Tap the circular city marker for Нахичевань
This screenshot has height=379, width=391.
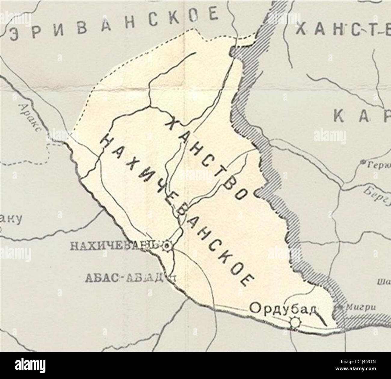point(166,246)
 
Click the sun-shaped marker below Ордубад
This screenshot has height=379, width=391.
point(295,322)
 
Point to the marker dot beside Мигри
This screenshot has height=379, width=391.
point(340,307)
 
